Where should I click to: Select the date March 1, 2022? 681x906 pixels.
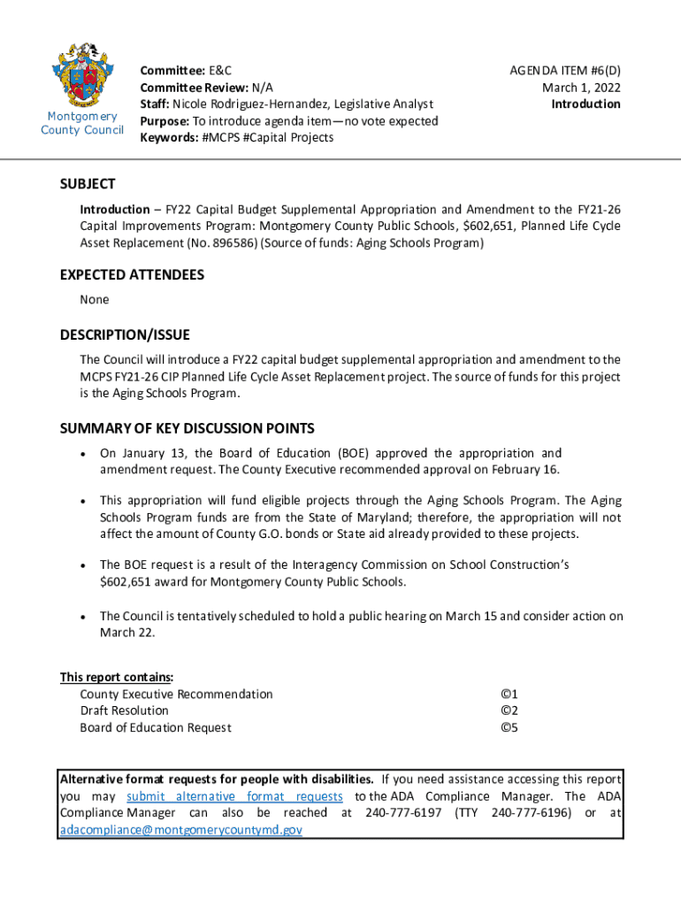(x=581, y=87)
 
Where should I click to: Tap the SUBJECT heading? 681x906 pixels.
(x=88, y=184)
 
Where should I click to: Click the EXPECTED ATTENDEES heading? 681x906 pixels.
(x=132, y=275)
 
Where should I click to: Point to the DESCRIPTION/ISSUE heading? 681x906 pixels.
(x=125, y=335)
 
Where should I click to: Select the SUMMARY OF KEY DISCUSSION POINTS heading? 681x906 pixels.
(x=187, y=429)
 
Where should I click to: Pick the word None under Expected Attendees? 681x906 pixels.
(x=95, y=300)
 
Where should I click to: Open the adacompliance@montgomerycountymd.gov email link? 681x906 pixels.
(x=180, y=830)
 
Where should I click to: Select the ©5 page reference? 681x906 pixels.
(x=509, y=728)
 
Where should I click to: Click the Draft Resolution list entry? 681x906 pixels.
(x=124, y=710)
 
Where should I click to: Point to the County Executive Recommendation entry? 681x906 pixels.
(x=176, y=695)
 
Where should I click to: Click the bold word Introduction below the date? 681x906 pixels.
(x=585, y=104)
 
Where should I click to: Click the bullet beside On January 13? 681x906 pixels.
(x=82, y=454)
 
